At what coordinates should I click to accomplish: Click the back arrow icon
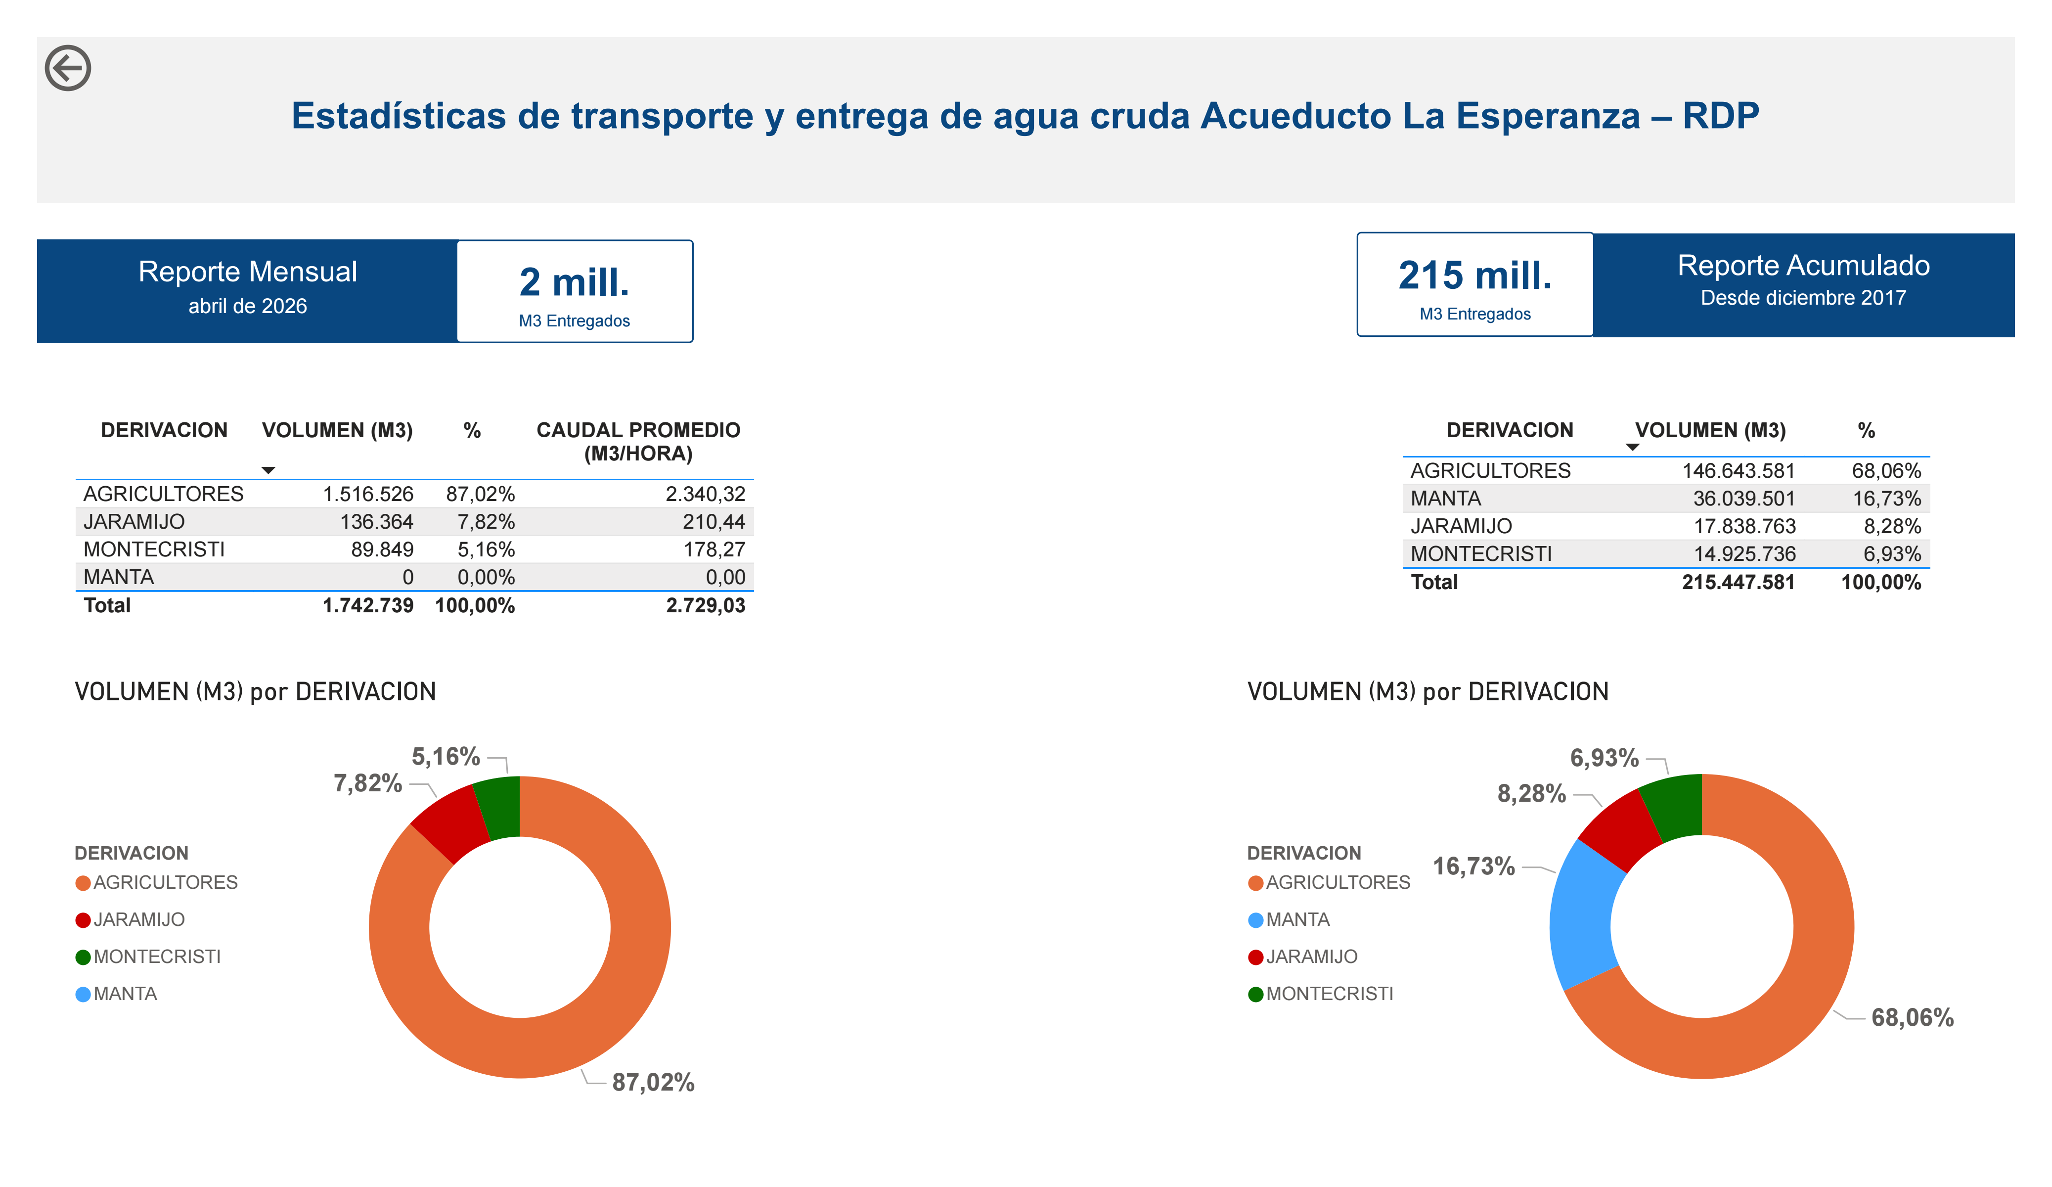[x=68, y=68]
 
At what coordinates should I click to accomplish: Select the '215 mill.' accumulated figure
[x=1474, y=275]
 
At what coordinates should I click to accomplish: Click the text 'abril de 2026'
[x=248, y=306]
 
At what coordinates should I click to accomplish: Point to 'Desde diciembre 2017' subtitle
[x=1803, y=298]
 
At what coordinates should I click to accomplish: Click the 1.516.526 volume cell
[x=368, y=495]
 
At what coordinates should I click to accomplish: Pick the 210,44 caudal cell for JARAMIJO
[x=714, y=522]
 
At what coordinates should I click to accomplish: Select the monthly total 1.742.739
[x=368, y=605]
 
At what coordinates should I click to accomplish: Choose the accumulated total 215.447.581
[x=1738, y=583]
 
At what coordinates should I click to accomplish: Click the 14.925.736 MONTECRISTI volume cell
[x=1744, y=554]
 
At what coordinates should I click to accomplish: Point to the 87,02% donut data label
[x=653, y=1083]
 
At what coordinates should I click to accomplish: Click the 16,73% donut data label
[x=1474, y=866]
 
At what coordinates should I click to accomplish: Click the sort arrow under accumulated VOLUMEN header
[x=1632, y=447]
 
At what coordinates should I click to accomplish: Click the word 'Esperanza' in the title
[x=1547, y=116]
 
